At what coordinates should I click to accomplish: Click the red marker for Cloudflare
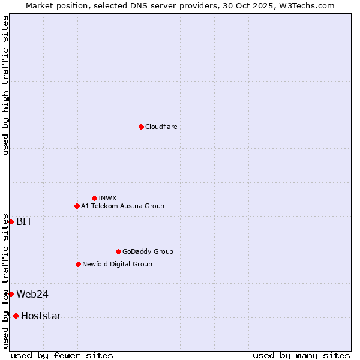coord(141,127)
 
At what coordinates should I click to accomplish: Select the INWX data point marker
coord(94,198)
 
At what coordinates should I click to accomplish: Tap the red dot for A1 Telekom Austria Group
coord(77,206)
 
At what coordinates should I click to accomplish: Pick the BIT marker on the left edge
coord(11,221)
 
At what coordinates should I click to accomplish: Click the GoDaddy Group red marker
coord(118,251)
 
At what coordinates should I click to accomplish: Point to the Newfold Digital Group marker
coord(78,264)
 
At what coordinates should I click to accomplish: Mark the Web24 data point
coord(11,294)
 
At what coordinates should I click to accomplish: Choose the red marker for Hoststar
coord(16,316)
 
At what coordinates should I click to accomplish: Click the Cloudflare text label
coord(161,127)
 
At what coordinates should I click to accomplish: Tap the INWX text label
coord(107,198)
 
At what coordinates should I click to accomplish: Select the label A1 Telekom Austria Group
coord(122,206)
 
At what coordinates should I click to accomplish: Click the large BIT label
coord(24,221)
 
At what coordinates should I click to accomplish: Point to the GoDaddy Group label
coord(148,251)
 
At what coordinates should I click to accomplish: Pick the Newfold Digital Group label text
coord(117,264)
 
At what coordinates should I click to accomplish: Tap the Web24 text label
coord(32,294)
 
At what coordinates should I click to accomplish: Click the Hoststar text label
coord(41,316)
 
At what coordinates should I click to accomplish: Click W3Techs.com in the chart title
coord(308,5)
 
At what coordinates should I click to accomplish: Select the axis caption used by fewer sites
coord(62,355)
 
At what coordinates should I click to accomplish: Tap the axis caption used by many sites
coord(301,355)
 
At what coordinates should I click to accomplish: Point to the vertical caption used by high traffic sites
coord(5,85)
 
